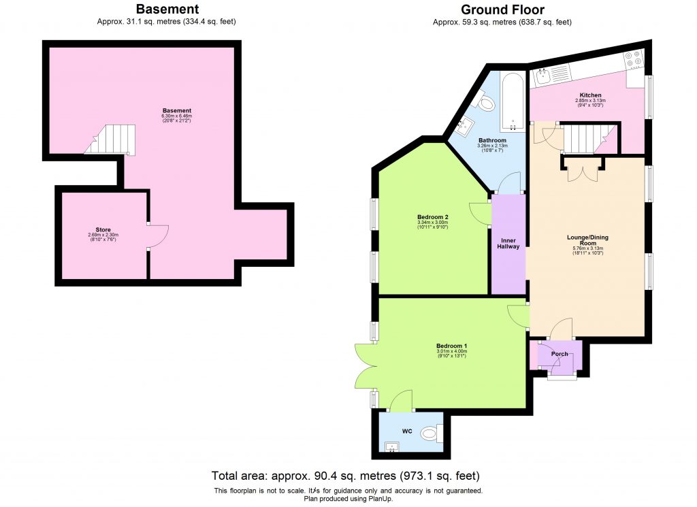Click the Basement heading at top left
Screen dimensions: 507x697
167,10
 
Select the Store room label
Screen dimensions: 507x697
103,230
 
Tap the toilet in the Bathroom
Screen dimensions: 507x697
486,103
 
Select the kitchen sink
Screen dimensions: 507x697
544,77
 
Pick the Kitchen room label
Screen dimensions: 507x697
590,95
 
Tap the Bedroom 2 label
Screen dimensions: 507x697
432,218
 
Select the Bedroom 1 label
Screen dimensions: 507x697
451,346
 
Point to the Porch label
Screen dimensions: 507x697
560,354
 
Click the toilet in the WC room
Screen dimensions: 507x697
432,433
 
